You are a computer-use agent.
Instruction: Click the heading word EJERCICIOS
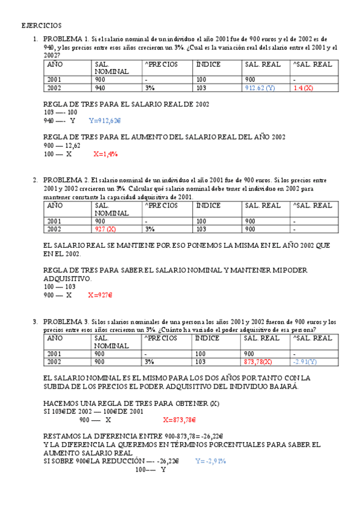pos(41,26)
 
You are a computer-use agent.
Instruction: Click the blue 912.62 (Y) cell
pos(260,88)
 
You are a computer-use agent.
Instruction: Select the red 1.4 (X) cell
pos(304,88)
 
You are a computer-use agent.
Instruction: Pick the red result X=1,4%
pos(105,154)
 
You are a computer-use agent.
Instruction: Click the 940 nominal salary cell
pos(100,88)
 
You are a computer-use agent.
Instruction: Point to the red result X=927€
pos(100,295)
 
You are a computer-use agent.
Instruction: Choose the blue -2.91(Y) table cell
pos(305,362)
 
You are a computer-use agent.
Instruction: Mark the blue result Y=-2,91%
pos(210,461)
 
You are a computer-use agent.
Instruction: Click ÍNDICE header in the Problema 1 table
pos(208,64)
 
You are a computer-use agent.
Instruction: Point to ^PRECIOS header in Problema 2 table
pos(161,205)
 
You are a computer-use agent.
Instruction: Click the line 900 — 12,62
pos(63,146)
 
